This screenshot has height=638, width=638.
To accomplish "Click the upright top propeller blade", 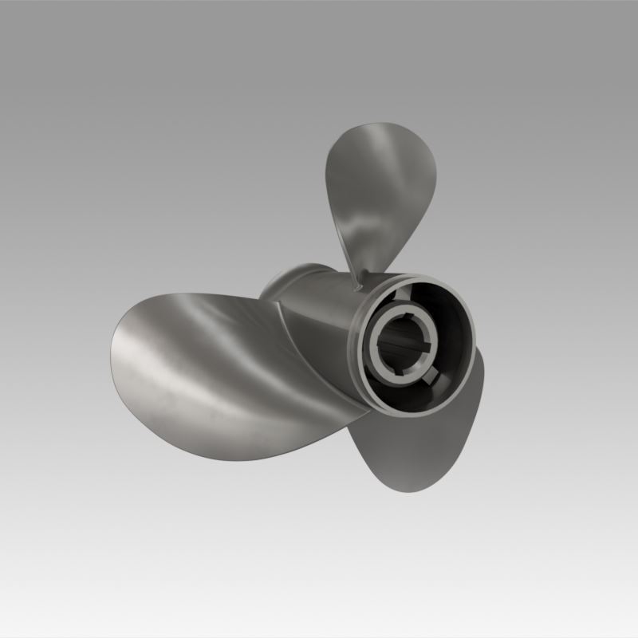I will pyautogui.click(x=381, y=191).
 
